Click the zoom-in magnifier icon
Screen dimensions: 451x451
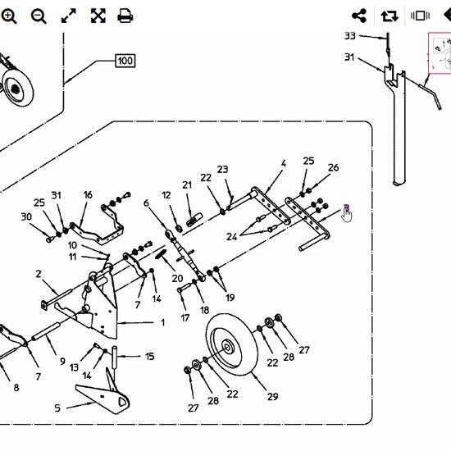pyautogui.click(x=9, y=16)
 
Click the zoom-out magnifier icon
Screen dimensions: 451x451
pyautogui.click(x=39, y=16)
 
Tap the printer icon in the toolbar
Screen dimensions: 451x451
pyautogui.click(x=125, y=16)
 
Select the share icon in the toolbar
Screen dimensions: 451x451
pyautogui.click(x=359, y=16)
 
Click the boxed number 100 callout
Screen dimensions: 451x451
pyautogui.click(x=125, y=61)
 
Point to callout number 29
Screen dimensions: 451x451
pyautogui.click(x=273, y=397)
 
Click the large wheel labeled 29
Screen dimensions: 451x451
pyautogui.click(x=232, y=344)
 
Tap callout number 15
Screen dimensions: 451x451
pyautogui.click(x=149, y=357)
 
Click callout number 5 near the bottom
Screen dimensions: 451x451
pyautogui.click(x=57, y=408)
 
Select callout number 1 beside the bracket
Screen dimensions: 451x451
pyautogui.click(x=163, y=323)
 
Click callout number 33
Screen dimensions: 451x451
pyautogui.click(x=350, y=36)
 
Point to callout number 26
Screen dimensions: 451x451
pyautogui.click(x=334, y=167)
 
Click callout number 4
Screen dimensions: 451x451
pyautogui.click(x=284, y=163)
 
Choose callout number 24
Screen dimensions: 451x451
pyautogui.click(x=232, y=237)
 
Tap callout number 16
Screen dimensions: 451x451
pyautogui.click(x=88, y=194)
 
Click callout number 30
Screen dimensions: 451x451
pyautogui.click(x=26, y=216)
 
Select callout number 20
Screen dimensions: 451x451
pyautogui.click(x=177, y=278)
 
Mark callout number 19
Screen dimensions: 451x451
pyautogui.click(x=230, y=298)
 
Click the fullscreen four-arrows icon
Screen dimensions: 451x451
pyautogui.click(x=98, y=16)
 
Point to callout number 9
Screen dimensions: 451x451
pyautogui.click(x=62, y=361)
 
